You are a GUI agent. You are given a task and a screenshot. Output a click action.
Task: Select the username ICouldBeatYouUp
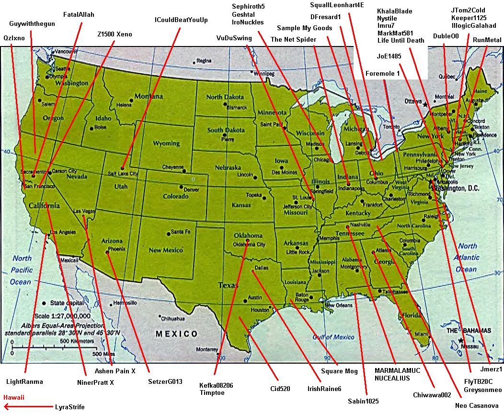click(181, 20)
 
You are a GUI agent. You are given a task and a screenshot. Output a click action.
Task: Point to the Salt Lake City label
click(123, 173)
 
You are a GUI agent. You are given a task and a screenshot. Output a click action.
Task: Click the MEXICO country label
click(176, 334)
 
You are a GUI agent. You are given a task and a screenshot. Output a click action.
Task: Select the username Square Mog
click(339, 371)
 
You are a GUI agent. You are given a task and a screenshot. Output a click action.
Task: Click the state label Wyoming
click(166, 143)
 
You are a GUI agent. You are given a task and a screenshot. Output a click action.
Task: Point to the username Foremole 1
click(382, 73)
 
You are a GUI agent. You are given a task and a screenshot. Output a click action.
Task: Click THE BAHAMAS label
click(469, 331)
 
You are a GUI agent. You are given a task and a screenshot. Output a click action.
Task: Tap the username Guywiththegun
click(32, 23)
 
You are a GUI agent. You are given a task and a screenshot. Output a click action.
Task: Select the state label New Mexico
click(165, 250)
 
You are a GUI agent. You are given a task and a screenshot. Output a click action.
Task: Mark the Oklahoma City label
click(249, 244)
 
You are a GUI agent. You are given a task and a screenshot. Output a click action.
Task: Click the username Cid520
click(280, 389)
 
